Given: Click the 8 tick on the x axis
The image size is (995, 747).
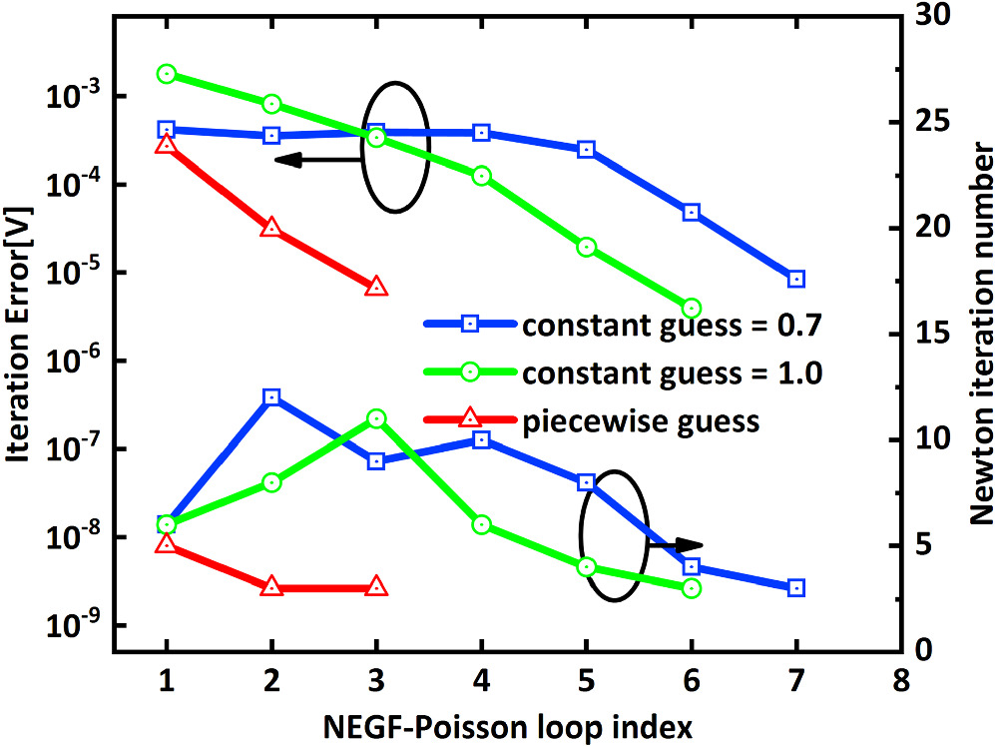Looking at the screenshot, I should [901, 679].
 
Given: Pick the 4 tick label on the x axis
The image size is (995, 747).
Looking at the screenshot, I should [481, 679].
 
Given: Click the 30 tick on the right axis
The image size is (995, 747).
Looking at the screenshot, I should [927, 17].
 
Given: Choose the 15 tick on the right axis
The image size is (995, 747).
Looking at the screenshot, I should [927, 334].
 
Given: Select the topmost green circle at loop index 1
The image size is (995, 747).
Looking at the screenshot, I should [167, 74].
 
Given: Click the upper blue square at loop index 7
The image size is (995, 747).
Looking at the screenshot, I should [795, 279].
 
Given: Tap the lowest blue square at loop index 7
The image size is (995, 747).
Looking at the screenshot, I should [795, 588].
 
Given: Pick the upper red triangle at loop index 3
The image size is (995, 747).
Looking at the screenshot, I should [376, 287].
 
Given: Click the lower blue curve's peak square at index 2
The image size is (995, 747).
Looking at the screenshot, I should [271, 397].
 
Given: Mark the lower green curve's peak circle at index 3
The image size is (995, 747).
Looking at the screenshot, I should [376, 418].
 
